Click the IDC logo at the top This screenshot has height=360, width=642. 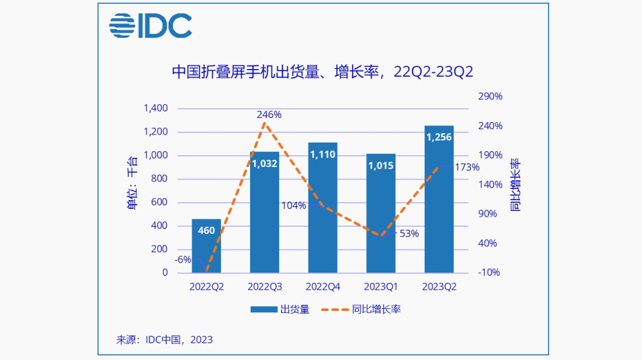pos(151,27)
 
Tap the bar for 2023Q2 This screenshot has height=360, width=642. pos(439,199)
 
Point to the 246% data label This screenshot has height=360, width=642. pos(269,115)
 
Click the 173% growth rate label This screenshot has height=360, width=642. pos(467,167)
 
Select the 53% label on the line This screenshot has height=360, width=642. pos(409,233)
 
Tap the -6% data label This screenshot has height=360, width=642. pos(183,260)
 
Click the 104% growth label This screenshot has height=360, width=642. pos(294,206)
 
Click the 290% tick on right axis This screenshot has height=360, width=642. pos(490,96)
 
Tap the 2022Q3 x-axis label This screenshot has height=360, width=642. pos(265,287)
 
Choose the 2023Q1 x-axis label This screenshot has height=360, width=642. pos(381,287)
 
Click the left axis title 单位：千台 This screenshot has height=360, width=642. pos(132,182)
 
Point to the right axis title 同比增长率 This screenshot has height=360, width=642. pos(515,185)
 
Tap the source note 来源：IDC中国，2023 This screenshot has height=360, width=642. pos(164,339)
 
